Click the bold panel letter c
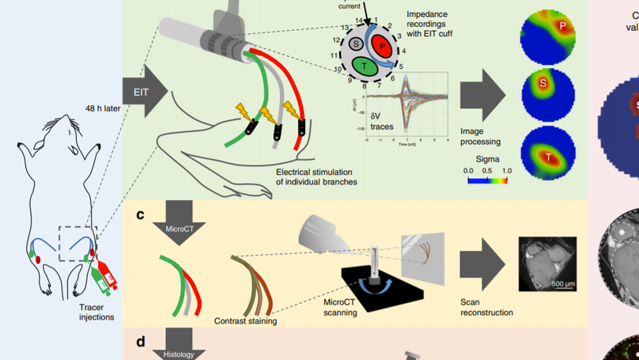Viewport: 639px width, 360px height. point(140,214)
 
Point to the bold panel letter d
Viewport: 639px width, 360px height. point(140,342)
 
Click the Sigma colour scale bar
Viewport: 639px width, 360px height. point(487,180)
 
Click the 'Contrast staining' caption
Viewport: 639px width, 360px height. point(247,322)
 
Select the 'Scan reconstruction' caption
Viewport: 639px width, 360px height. point(487,307)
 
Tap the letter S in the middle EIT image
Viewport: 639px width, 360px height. point(543,82)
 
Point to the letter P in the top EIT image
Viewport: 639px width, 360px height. point(562,26)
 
